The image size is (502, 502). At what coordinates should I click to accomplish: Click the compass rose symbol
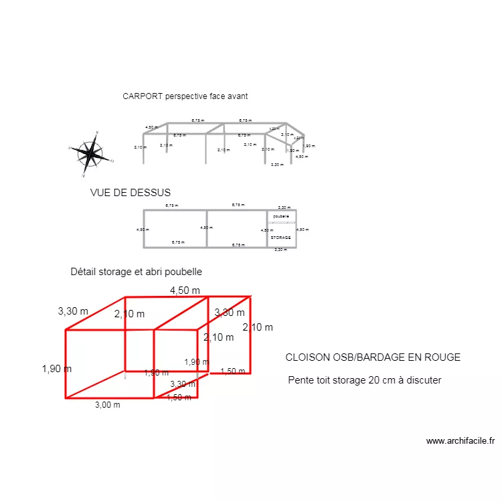[90, 154]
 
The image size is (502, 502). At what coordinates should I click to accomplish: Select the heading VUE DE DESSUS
[131, 193]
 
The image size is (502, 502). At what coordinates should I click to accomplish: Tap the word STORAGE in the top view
[280, 238]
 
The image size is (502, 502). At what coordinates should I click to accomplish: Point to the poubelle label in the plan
[281, 216]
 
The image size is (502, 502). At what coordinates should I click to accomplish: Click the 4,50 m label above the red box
[185, 290]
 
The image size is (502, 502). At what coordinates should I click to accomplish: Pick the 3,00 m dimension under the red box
[107, 404]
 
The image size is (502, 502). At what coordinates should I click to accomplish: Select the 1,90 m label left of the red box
[56, 368]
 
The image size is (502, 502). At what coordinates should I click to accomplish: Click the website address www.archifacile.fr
[461, 441]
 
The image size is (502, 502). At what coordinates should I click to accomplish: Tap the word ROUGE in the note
[442, 357]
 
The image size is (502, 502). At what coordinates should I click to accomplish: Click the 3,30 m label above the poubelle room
[284, 207]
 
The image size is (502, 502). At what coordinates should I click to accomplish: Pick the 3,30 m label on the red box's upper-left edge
[73, 311]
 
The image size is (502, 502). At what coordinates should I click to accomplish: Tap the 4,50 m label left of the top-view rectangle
[143, 230]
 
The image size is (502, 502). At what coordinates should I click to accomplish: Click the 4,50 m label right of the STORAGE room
[303, 230]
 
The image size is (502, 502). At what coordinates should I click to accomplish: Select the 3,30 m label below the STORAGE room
[280, 250]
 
